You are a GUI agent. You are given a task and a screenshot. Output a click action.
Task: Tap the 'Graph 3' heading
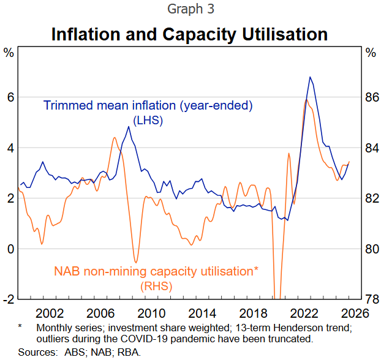[190, 10]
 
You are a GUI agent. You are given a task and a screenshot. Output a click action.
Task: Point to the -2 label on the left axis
[9, 299]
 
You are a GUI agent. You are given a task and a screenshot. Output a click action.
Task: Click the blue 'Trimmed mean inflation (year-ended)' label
[148, 106]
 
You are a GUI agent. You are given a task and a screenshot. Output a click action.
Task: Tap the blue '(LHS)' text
[148, 120]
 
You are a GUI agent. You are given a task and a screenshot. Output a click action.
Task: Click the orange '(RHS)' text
[156, 286]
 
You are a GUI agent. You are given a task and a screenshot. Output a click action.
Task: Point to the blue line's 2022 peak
[310, 77]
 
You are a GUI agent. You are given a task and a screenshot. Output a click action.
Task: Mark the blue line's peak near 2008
[128, 127]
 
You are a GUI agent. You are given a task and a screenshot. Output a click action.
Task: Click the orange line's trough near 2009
[136, 263]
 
